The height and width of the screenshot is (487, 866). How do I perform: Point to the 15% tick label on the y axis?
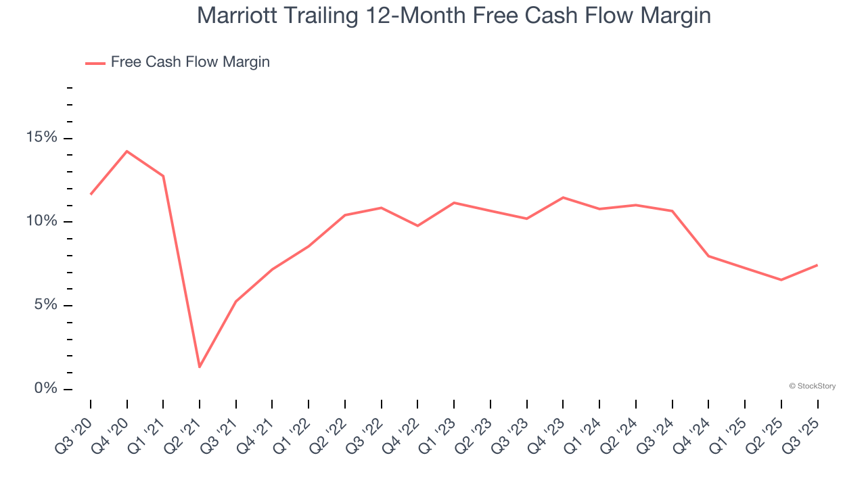point(42,138)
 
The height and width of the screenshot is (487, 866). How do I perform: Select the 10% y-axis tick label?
point(42,222)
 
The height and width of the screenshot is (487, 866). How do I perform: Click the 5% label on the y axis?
point(46,305)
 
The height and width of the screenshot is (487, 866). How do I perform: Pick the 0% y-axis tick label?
point(46,389)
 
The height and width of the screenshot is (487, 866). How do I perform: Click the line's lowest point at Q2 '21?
point(200,367)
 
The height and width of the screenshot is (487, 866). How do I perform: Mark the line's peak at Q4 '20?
point(127,152)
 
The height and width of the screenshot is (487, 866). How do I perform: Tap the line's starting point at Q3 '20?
point(91,194)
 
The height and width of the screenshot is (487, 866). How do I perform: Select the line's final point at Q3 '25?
point(817,265)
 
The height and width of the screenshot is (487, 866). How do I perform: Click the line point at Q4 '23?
point(563,198)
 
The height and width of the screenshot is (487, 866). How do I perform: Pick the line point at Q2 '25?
point(781,280)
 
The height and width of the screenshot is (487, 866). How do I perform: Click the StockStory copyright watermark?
point(812,386)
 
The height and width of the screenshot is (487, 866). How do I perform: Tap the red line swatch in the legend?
point(95,63)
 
